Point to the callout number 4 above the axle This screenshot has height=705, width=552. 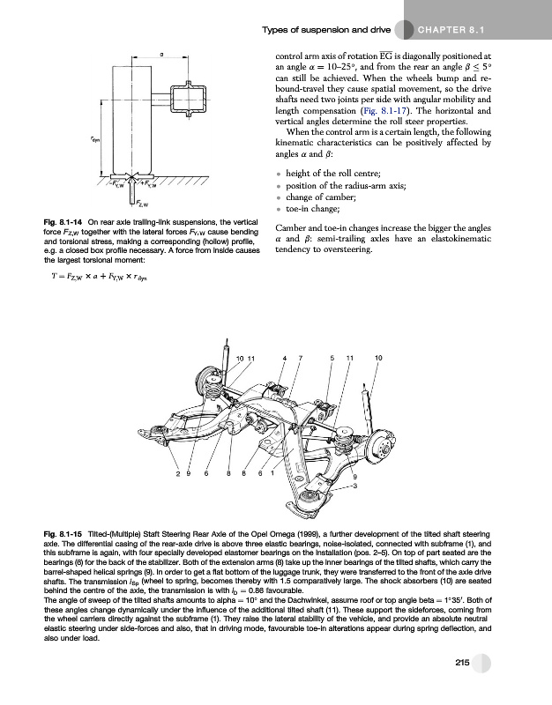click(x=285, y=358)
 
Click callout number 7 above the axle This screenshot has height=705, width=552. click(x=300, y=358)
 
